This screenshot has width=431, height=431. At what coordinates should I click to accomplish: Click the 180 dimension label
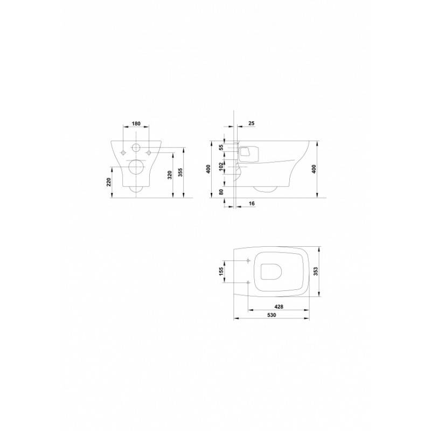136,123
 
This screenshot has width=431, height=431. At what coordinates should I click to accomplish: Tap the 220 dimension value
109,182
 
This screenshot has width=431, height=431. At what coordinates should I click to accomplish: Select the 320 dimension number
170,175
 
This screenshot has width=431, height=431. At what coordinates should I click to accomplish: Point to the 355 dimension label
180,172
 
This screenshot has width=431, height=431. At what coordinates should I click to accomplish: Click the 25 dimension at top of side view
251,123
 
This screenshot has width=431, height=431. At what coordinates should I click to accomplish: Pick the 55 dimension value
221,148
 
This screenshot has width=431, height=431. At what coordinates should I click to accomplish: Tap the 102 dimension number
221,166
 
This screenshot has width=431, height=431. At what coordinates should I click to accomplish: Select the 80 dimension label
221,192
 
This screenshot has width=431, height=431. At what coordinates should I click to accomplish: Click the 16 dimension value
252,204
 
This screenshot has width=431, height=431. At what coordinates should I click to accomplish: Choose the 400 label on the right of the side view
314,169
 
